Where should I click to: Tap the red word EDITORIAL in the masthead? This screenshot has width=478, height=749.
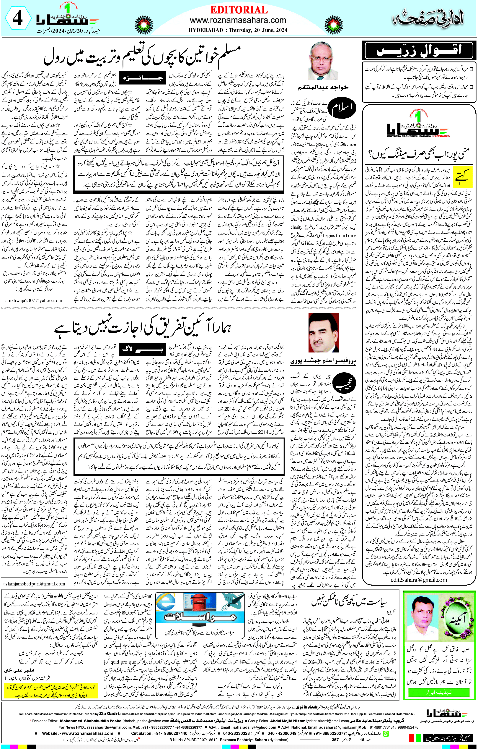point(239,10)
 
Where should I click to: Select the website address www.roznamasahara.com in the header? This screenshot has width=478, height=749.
point(238,20)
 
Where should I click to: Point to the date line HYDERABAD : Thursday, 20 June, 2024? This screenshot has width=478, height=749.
point(238,30)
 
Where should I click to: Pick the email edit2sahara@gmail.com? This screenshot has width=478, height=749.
point(419,580)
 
